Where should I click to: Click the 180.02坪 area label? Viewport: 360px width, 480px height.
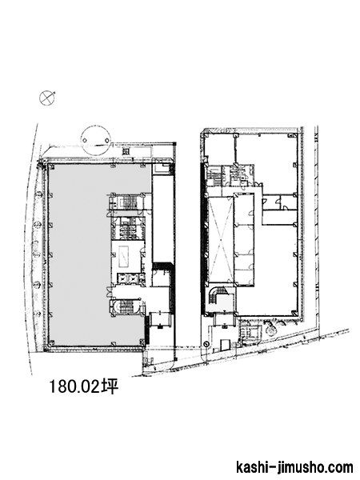83,386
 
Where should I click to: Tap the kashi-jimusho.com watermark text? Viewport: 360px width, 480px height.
294,468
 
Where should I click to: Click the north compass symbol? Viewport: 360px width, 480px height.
47,98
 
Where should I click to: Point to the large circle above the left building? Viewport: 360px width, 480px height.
96,126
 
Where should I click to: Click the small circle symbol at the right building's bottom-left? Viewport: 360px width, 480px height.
206,344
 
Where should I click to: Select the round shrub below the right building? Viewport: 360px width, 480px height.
272,329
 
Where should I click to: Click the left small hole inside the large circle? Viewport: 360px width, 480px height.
85,141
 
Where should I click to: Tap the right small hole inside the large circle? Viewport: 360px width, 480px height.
107,141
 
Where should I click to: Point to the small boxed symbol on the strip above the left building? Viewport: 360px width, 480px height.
126,151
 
